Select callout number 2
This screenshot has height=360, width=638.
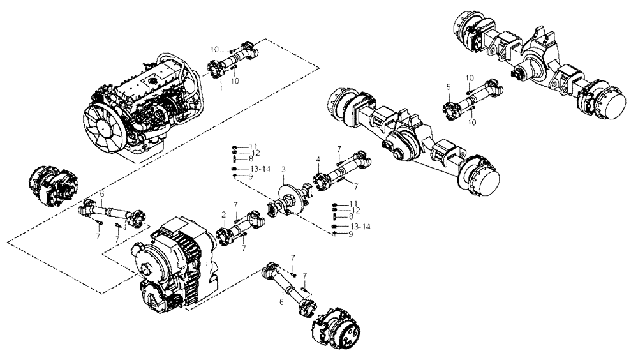(x=224, y=214)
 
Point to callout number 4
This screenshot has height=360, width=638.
(x=317, y=158)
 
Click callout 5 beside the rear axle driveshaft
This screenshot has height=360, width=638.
(x=449, y=86)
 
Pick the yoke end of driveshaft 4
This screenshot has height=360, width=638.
(x=360, y=155)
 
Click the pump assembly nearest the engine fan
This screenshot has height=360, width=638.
(x=52, y=183)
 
